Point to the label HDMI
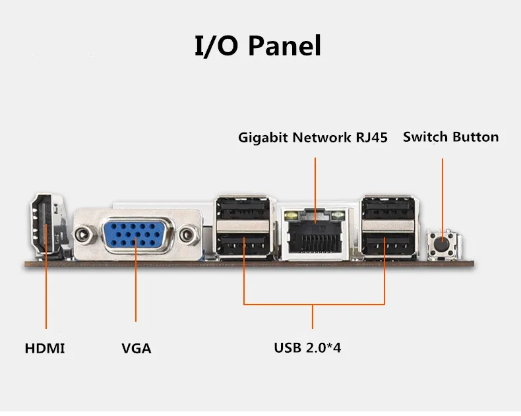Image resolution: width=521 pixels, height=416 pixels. tap(45, 348)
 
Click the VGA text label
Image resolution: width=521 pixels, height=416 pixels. tap(137, 348)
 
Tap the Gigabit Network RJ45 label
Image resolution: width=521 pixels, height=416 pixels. tap(313, 138)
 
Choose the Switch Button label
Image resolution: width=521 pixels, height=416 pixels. tap(451, 137)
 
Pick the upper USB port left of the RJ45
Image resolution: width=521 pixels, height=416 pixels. tap(242, 210)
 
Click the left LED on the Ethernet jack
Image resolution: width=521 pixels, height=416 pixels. tap(288, 215)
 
